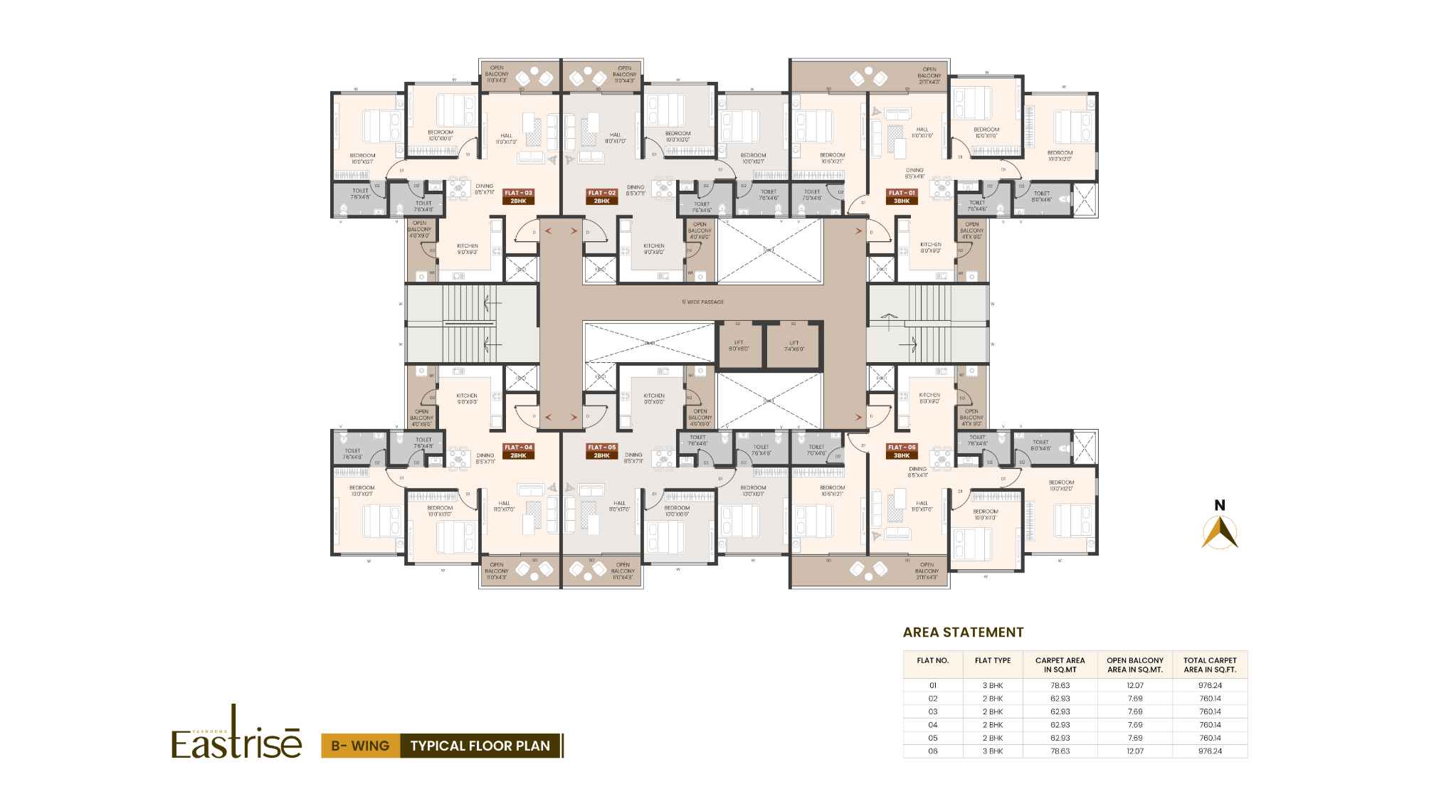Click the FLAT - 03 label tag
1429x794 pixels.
(x=518, y=197)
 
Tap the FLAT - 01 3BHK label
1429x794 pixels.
(x=902, y=197)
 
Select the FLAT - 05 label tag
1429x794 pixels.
(x=601, y=451)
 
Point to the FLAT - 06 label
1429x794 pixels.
(x=902, y=451)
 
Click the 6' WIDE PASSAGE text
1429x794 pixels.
(x=702, y=302)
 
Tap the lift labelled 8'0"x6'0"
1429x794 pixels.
(x=738, y=346)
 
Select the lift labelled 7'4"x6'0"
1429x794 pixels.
(x=794, y=346)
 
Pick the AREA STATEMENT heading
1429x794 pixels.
(x=963, y=632)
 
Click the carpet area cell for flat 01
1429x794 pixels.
(x=1060, y=686)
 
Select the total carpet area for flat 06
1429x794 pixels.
(x=1210, y=751)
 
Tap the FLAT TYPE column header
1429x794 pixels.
(x=992, y=661)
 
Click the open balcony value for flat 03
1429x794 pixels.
(x=1135, y=711)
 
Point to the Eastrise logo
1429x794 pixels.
(x=236, y=736)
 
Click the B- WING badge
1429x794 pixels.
(x=360, y=746)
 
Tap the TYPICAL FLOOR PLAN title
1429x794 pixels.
(x=480, y=746)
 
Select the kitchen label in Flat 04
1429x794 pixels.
(x=467, y=398)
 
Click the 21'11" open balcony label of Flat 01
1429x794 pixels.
(x=929, y=75)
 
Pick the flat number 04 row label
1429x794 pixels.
(x=933, y=724)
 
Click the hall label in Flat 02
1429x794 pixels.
(x=615, y=138)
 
